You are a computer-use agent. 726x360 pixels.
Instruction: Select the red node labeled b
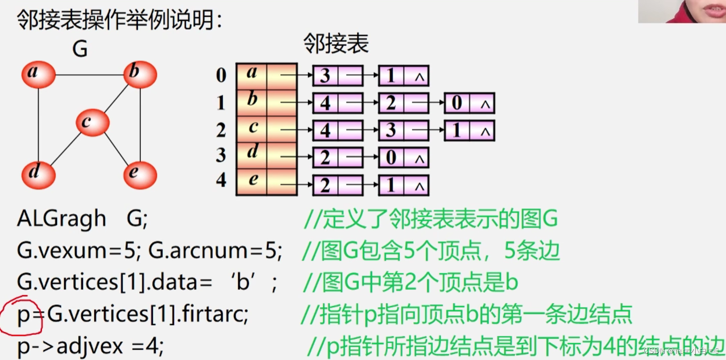pyautogui.click(x=140, y=74)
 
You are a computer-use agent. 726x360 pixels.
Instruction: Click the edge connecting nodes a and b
pyautogui.click(x=89, y=75)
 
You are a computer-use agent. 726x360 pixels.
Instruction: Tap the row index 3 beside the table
pyautogui.click(x=221, y=155)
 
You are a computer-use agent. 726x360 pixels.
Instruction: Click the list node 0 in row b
pyautogui.click(x=457, y=103)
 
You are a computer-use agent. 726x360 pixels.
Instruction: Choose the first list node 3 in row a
pyautogui.click(x=325, y=76)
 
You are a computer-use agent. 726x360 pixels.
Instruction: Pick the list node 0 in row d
pyautogui.click(x=391, y=158)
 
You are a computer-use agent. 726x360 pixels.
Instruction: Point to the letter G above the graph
pyautogui.click(x=80, y=49)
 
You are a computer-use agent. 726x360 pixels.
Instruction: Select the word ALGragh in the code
pyautogui.click(x=61, y=219)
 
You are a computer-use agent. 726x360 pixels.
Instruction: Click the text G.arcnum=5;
pyautogui.click(x=216, y=251)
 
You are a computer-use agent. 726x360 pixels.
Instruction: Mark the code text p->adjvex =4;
pyautogui.click(x=90, y=346)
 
